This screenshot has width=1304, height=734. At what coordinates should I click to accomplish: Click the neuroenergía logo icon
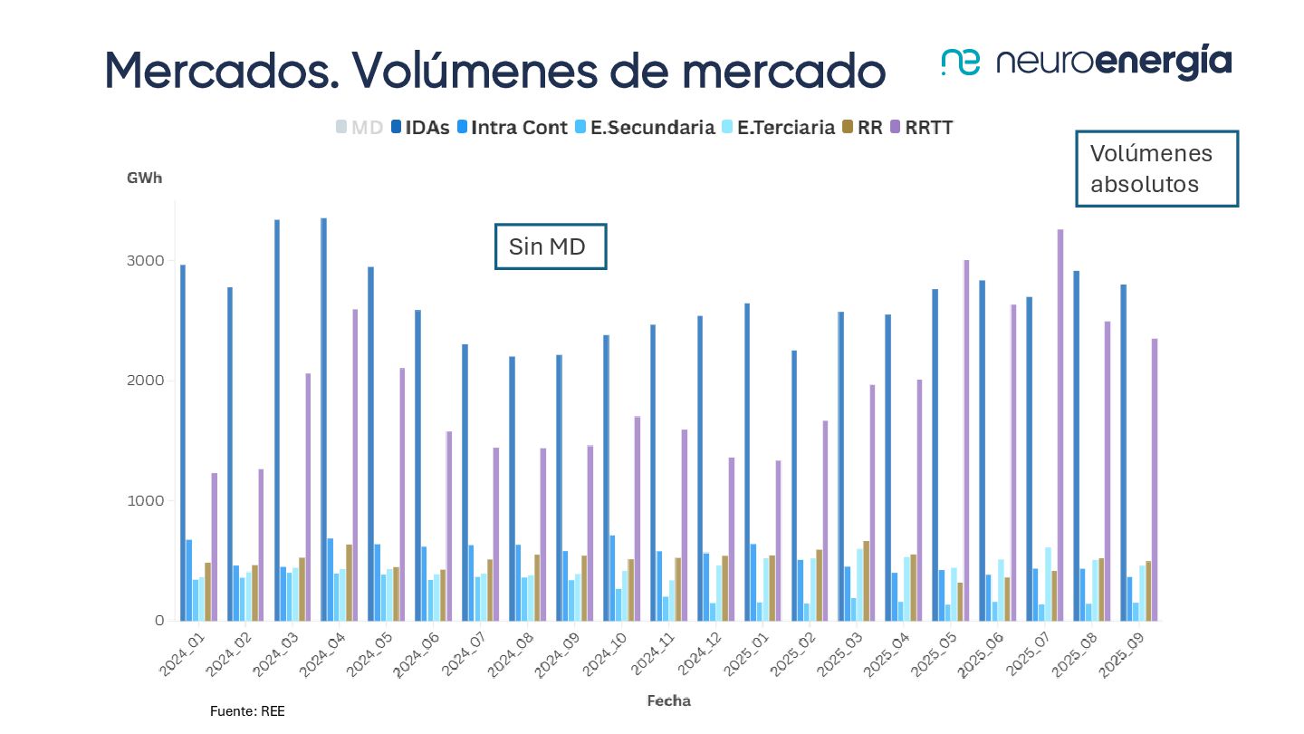(961, 63)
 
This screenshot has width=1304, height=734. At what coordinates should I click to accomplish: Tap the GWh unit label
(144, 178)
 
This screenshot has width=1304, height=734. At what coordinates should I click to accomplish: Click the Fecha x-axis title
(668, 700)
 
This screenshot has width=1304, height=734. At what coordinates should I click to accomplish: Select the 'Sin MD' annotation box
(551, 246)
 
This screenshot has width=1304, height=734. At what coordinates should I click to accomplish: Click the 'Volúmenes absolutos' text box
(1156, 169)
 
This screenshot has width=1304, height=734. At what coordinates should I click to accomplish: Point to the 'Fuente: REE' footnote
(247, 711)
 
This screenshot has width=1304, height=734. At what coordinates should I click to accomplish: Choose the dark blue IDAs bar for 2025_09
(1123, 452)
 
